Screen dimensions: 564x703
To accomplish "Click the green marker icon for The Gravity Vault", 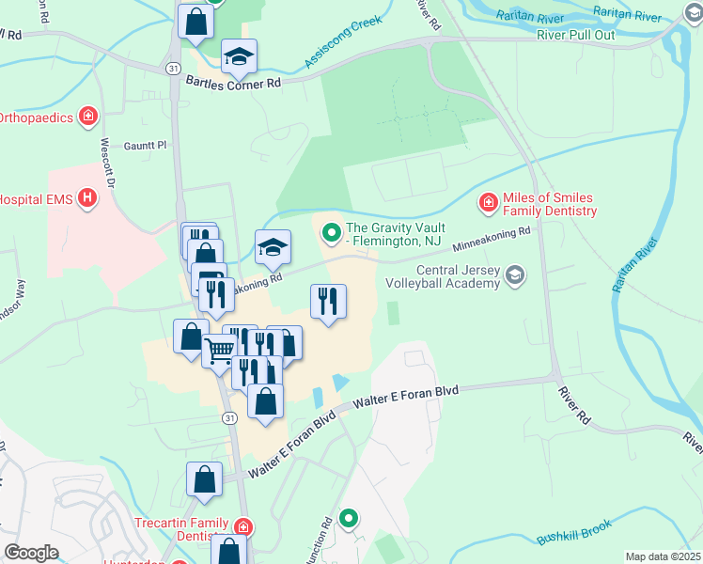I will tap(331, 230).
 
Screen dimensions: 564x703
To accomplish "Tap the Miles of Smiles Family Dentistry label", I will tap(550, 204).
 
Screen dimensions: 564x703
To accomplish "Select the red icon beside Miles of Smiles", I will tap(489, 202).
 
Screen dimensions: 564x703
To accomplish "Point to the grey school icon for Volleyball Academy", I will tap(514, 274).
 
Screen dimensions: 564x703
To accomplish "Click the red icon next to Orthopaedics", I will tap(87, 117).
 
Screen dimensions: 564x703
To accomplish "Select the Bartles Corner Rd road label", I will tap(233, 83).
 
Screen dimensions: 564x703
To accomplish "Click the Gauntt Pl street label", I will tap(145, 146).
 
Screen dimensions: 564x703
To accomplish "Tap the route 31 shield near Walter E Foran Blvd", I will tap(228, 417).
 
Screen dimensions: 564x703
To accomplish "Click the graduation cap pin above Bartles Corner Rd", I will tap(239, 56).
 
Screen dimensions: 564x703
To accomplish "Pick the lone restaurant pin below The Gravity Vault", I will tap(328, 302).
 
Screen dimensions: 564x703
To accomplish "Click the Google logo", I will tap(30, 553).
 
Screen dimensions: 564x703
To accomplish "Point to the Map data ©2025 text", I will tap(663, 556).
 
